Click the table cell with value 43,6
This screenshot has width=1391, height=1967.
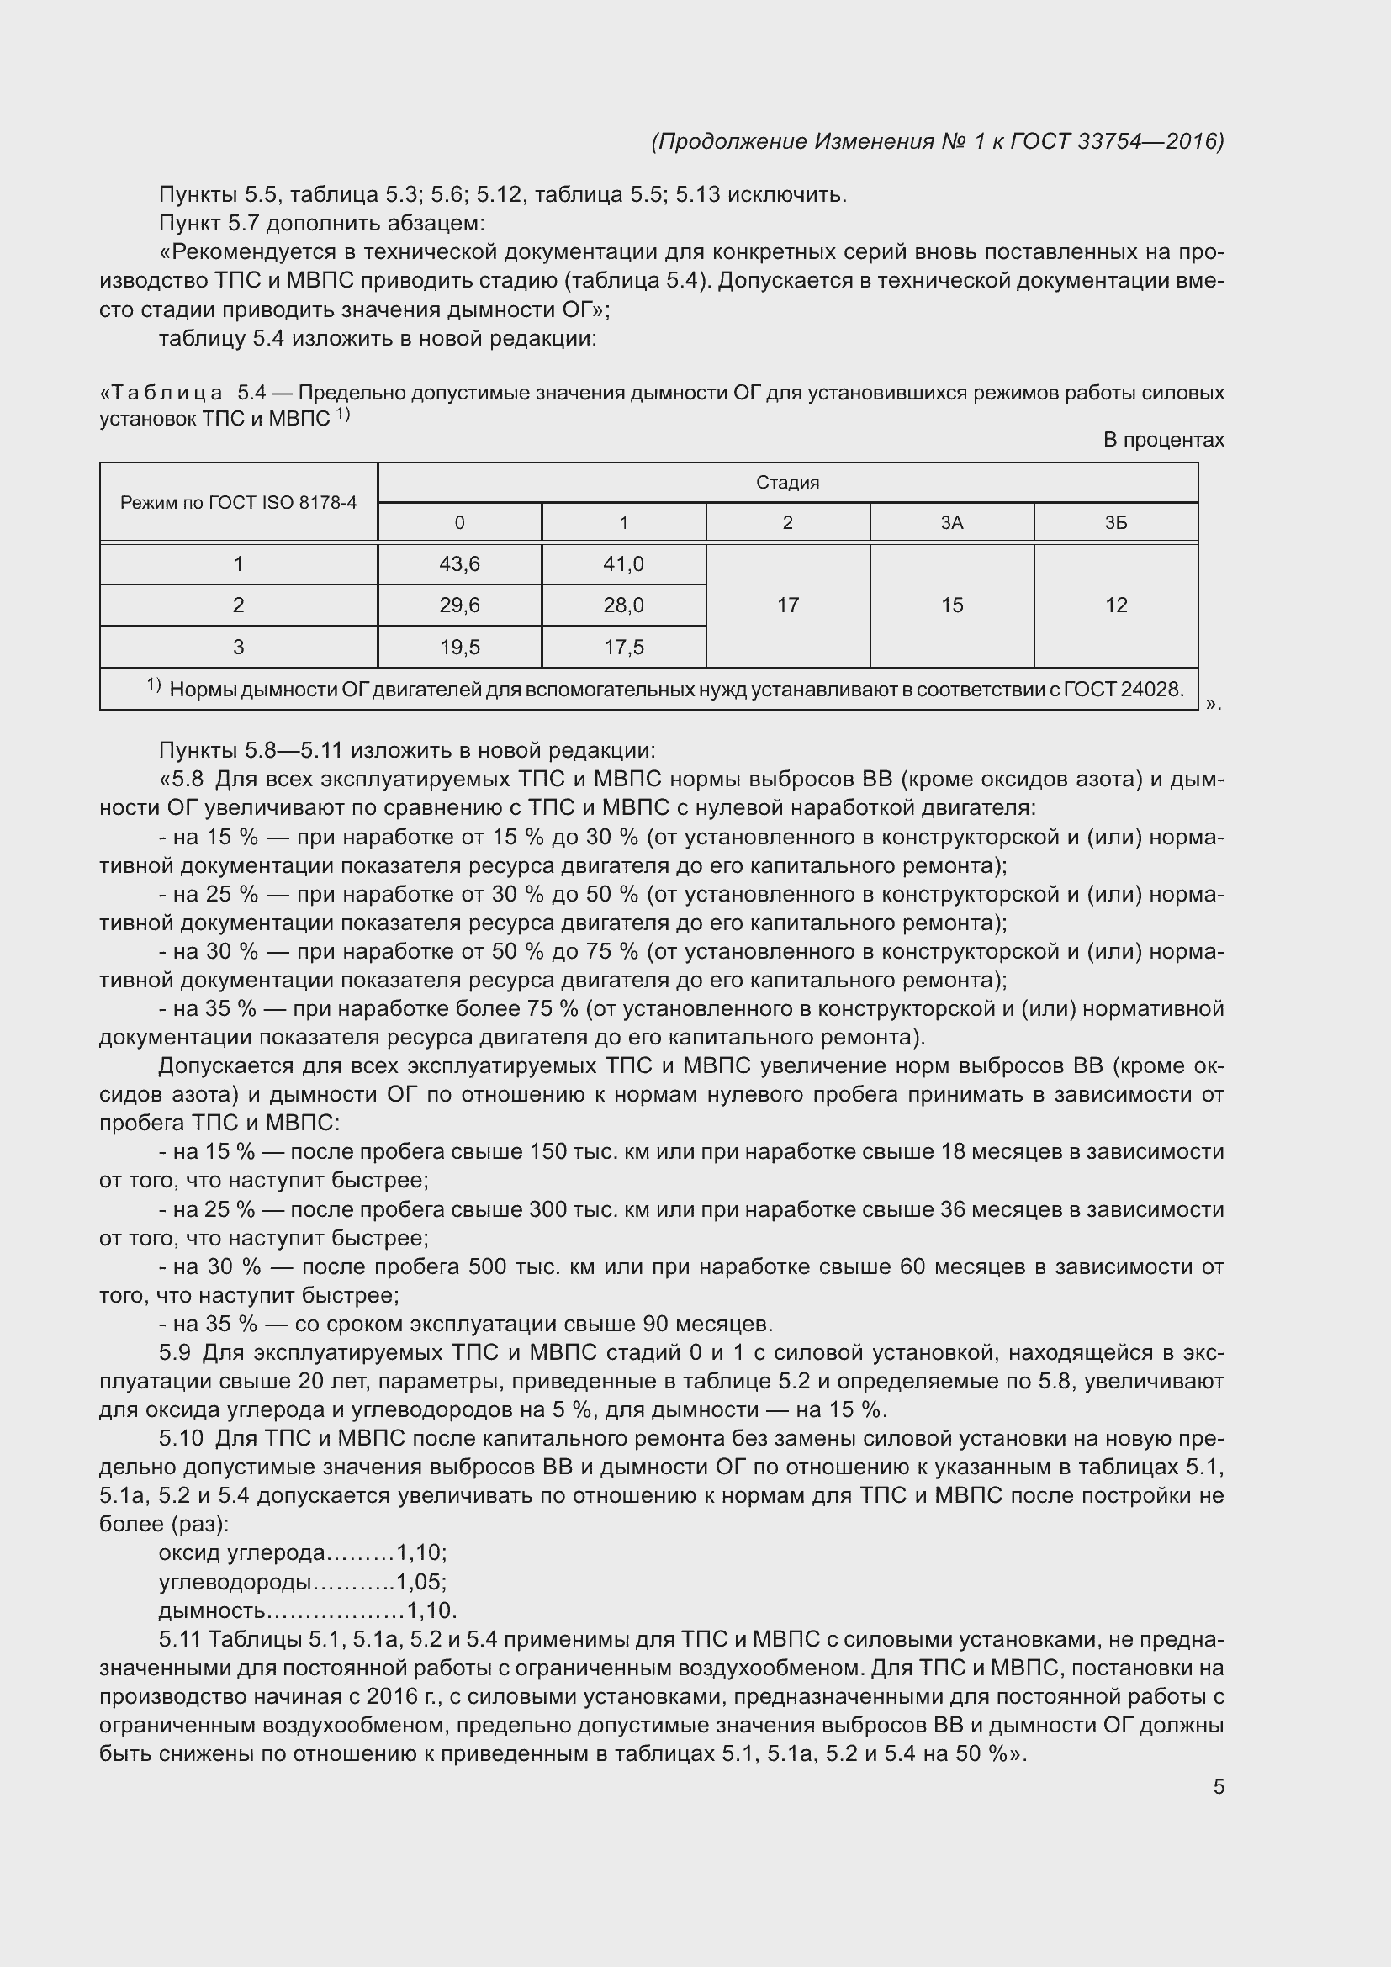coord(459,563)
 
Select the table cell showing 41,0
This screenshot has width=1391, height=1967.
coord(623,563)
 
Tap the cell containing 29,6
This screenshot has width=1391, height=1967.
coord(459,605)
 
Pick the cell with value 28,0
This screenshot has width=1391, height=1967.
coord(623,605)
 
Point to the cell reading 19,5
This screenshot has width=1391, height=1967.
coord(459,647)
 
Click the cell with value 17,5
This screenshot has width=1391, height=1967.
coord(623,647)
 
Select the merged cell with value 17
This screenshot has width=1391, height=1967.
coord(787,605)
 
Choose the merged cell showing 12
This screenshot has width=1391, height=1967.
coord(1115,605)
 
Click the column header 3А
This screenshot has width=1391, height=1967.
coord(952,522)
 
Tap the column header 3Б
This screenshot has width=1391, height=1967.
coord(1115,522)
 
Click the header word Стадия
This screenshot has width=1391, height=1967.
coord(787,483)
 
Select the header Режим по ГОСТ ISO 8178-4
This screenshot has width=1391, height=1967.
coord(238,503)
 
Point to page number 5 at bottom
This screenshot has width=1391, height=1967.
coord(1218,1787)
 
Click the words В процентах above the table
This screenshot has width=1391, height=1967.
coord(1163,441)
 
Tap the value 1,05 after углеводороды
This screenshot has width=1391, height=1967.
coord(420,1583)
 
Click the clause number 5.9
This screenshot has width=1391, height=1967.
coord(175,1354)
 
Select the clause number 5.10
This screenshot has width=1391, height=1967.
coord(181,1439)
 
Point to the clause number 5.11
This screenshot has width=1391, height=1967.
coord(179,1640)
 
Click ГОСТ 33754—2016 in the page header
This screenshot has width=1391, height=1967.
coord(1116,141)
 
